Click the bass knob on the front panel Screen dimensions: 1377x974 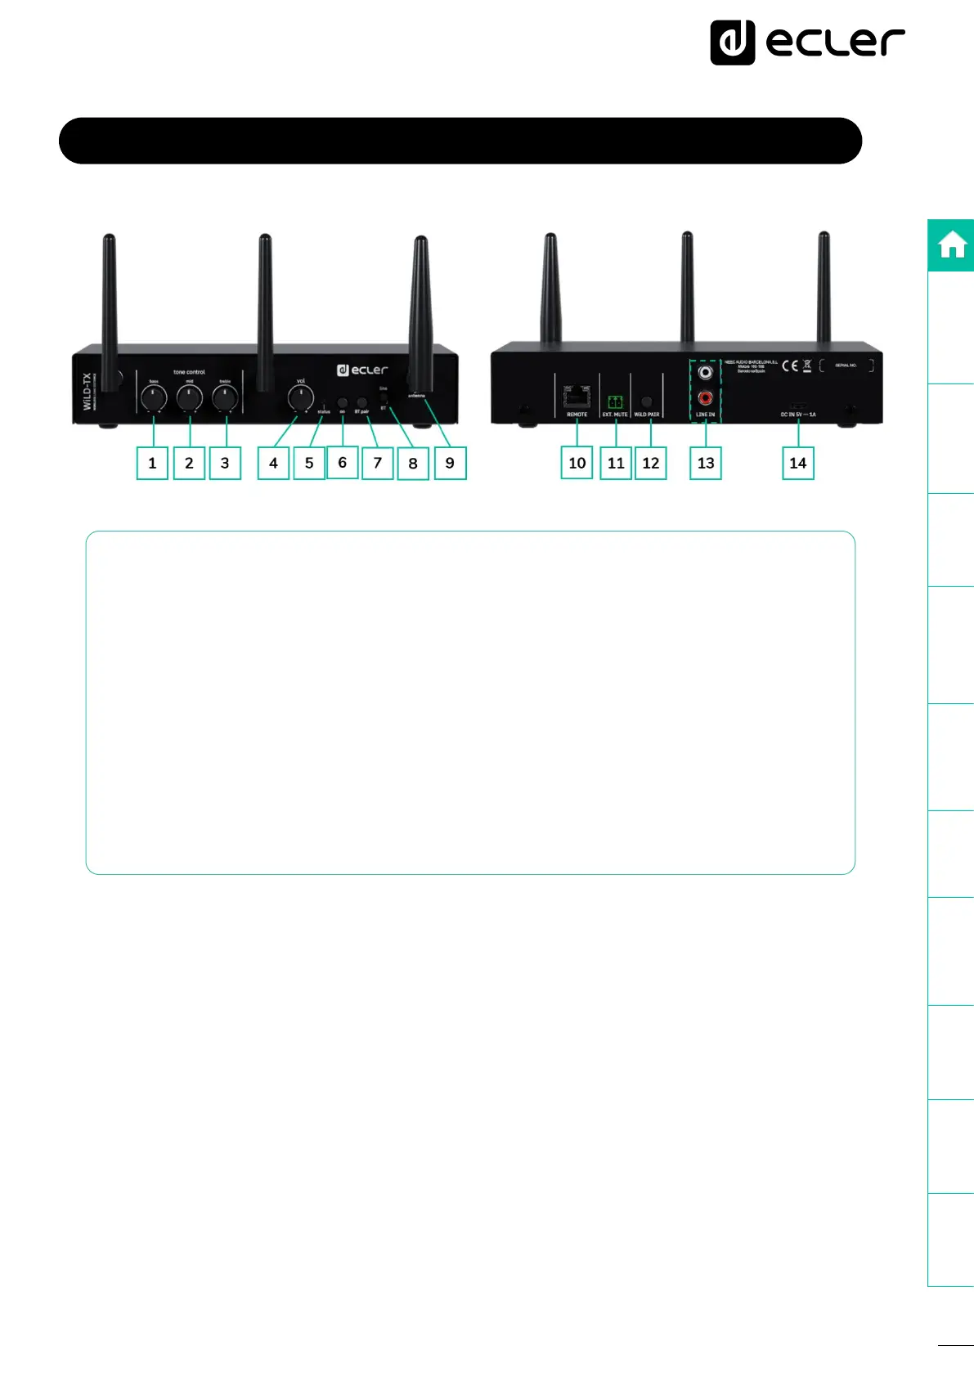(x=154, y=398)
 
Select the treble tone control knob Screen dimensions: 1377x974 (x=225, y=398)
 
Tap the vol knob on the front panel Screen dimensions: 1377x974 (x=301, y=398)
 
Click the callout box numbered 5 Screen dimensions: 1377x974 (x=309, y=463)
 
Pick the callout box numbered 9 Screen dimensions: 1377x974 (x=450, y=463)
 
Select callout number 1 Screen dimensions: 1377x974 (x=152, y=463)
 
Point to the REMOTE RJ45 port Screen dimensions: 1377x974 (x=577, y=397)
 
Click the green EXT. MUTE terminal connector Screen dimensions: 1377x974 (x=615, y=401)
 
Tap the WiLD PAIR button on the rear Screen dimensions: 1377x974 (x=648, y=401)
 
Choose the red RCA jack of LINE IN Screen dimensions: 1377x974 (x=705, y=398)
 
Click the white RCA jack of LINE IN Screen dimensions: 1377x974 (x=705, y=373)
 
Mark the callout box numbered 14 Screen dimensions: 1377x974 (x=798, y=463)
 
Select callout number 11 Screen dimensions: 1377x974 (x=616, y=463)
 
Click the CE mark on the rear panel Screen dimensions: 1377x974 (x=790, y=366)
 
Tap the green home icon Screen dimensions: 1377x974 (x=952, y=245)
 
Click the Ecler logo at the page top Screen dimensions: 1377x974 (x=807, y=43)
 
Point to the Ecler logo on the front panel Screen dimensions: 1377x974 (x=362, y=370)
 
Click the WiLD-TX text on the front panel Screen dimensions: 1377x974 (x=88, y=391)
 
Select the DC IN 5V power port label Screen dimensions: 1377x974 (x=798, y=415)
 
